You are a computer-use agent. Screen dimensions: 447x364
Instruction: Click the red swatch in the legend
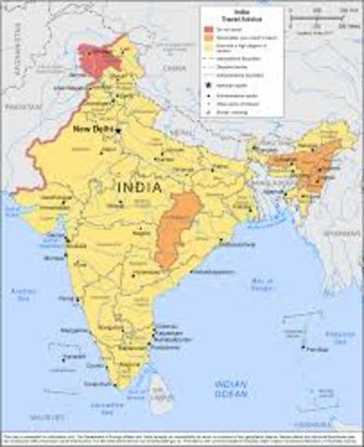209,29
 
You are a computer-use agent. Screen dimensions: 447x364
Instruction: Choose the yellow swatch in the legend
209,44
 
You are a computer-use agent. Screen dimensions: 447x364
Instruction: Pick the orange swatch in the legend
209,36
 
